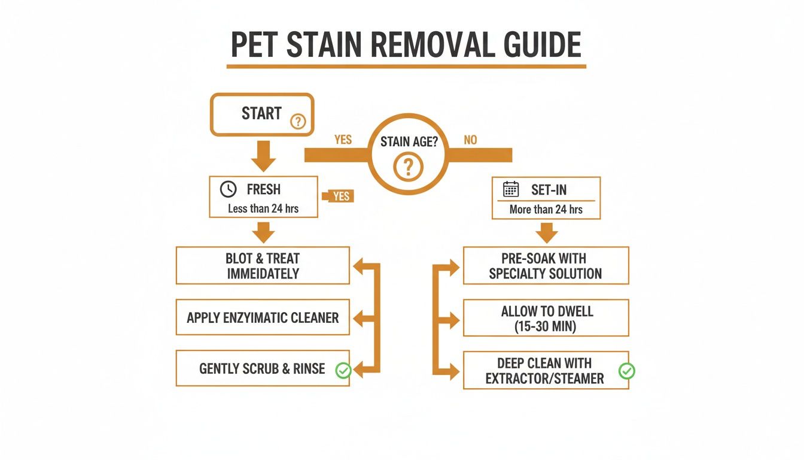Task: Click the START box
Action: pos(261,114)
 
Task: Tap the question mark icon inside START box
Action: pos(298,122)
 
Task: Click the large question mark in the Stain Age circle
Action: pos(408,167)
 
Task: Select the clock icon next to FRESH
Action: pos(228,189)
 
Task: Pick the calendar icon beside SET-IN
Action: pos(511,190)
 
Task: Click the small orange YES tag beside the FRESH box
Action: pos(339,196)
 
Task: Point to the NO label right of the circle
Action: pos(471,140)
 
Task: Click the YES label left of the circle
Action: pos(343,140)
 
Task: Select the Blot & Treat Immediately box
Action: pos(263,266)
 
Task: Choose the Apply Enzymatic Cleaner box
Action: pos(263,317)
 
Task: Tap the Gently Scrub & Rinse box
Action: pos(263,368)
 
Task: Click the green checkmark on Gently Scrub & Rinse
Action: pos(343,371)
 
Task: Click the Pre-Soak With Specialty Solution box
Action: pos(546,266)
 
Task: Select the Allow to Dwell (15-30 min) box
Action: pos(546,318)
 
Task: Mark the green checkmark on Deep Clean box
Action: pos(626,371)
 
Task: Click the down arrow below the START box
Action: pos(263,156)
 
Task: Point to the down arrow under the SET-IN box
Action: pos(546,231)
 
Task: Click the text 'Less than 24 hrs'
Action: pos(263,209)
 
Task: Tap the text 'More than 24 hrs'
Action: pos(546,210)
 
